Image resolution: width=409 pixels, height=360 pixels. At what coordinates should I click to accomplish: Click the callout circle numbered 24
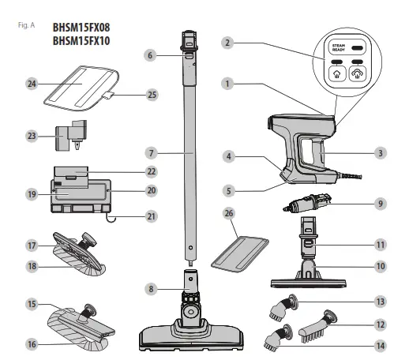pos(32,81)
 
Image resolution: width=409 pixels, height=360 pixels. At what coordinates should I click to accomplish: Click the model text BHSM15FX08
pos(81,26)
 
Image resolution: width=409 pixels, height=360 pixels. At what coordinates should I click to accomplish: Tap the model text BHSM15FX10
pos(81,40)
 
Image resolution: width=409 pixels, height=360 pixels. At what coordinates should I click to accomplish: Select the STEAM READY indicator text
pos(338,48)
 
